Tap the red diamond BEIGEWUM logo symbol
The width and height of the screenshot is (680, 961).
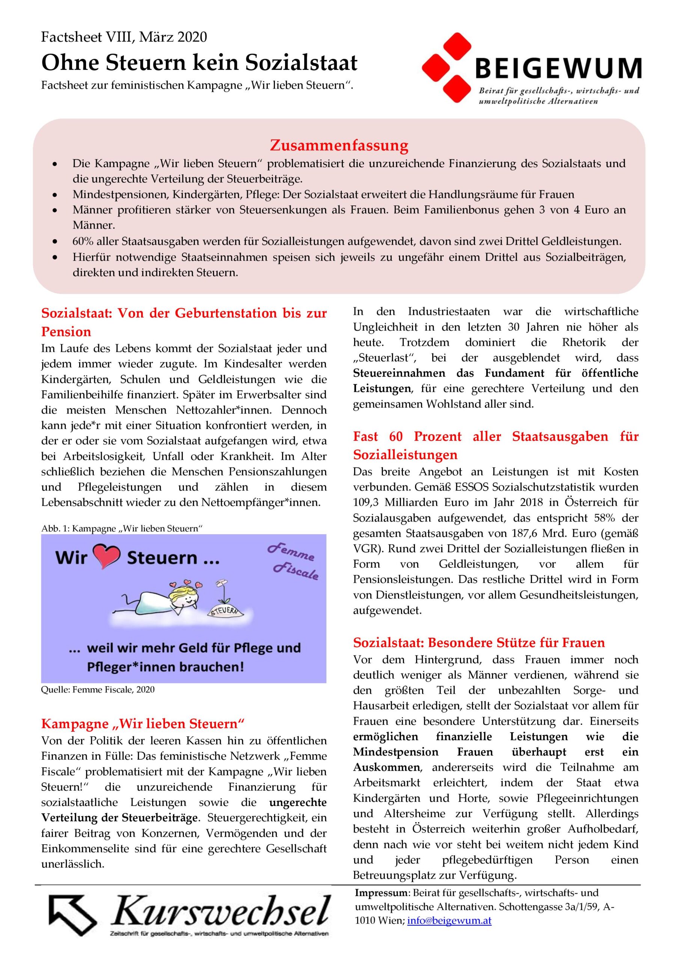[x=446, y=68]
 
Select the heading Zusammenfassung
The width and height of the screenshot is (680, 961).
[x=339, y=145]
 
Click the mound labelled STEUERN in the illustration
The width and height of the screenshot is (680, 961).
[x=226, y=611]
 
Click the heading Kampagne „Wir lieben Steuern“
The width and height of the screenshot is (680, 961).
[x=143, y=724]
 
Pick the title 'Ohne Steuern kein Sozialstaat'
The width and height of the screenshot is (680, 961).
[x=199, y=63]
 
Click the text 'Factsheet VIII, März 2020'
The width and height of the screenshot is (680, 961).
[x=124, y=37]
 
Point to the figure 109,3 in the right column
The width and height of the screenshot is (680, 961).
[x=366, y=502]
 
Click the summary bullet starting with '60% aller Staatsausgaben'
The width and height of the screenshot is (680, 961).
[x=347, y=241]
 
